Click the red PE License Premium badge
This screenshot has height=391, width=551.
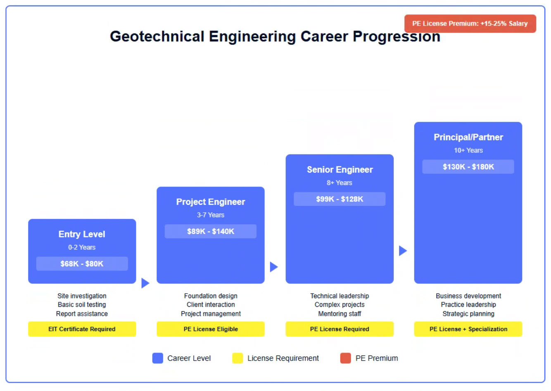(470, 24)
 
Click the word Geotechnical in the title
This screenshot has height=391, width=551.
(157, 36)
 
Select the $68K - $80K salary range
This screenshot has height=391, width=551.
(82, 264)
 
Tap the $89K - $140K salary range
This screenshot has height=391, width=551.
(210, 231)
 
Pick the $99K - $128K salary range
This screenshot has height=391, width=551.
(340, 199)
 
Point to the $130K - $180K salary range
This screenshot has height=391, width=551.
(468, 167)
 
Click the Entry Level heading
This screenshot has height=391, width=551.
(82, 234)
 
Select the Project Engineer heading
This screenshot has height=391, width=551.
(210, 202)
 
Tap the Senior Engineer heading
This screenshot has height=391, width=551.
(340, 170)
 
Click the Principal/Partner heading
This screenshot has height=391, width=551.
(468, 137)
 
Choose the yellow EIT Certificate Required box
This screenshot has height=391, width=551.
(82, 329)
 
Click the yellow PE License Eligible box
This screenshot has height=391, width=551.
(210, 329)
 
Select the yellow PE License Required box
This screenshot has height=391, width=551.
(340, 329)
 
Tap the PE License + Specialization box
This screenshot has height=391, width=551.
(468, 329)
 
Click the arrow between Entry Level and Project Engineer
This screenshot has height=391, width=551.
(145, 283)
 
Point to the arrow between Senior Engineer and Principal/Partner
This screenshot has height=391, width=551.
(403, 251)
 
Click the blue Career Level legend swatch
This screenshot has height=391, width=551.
(157, 358)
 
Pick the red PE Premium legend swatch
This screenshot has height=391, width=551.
(345, 358)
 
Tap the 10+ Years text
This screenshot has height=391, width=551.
(468, 150)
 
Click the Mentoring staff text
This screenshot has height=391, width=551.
(340, 314)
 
